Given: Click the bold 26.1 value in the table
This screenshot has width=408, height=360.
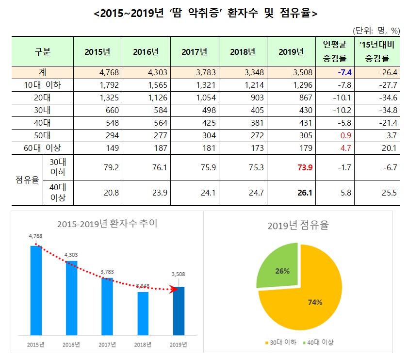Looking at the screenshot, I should [305, 193].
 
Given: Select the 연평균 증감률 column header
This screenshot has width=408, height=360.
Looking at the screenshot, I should [335, 51].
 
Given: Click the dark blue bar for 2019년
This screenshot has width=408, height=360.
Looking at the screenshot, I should [179, 311].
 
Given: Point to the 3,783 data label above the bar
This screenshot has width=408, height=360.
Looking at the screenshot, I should [107, 272].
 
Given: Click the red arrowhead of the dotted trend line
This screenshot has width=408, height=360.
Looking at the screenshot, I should [172, 290].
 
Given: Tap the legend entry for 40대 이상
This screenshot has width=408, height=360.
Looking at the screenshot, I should [318, 343].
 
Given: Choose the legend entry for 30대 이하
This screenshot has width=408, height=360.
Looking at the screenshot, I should [281, 343].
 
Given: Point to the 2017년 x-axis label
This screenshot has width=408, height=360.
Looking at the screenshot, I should [107, 345].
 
